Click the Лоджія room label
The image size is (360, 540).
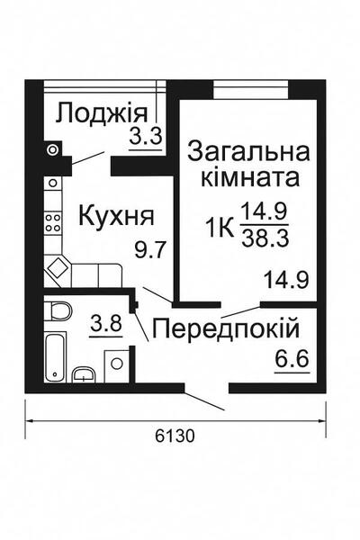100,114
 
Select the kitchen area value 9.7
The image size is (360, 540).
148,250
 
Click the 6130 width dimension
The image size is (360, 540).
175,436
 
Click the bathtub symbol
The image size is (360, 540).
57,355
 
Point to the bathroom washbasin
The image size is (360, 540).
85,375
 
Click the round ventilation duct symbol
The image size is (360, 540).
53,148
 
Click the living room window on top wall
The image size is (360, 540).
251,87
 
